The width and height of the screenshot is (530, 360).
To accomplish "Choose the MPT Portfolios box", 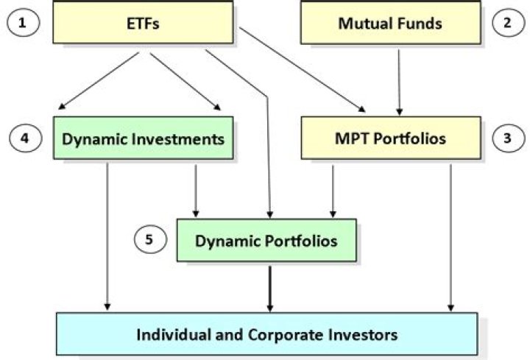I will pyautogui.click(x=389, y=138).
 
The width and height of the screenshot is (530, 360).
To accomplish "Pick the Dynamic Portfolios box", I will pyautogui.click(x=266, y=240).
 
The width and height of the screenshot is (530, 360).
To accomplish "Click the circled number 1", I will pyautogui.click(x=23, y=23).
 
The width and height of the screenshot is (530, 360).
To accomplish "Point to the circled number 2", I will pyautogui.click(x=506, y=23).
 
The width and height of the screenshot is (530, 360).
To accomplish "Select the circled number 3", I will pyautogui.click(x=506, y=138).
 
